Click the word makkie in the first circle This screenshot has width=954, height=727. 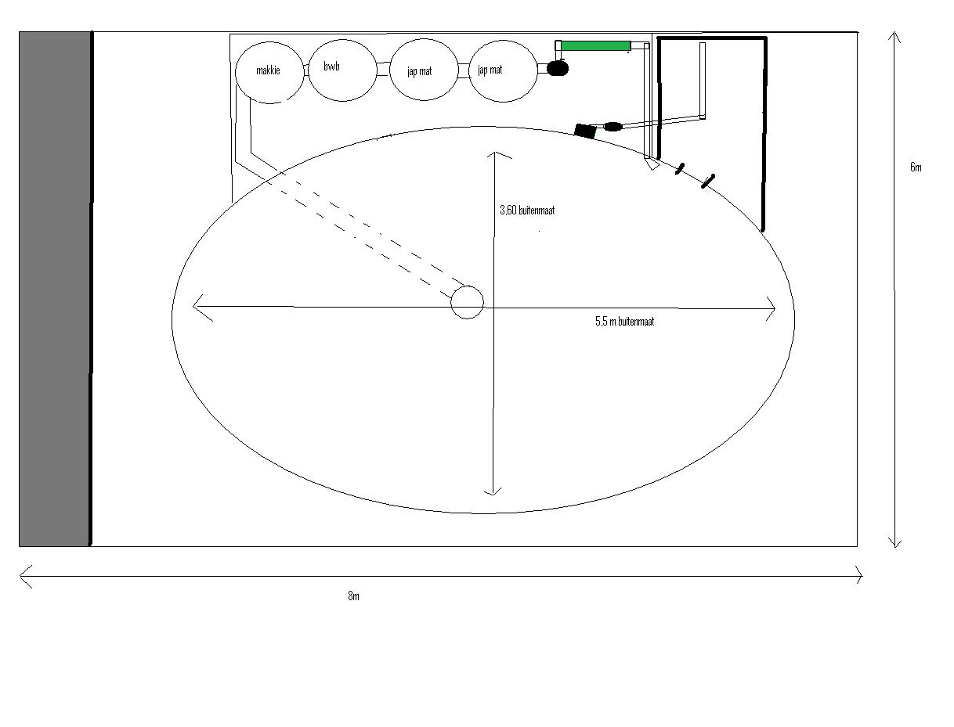pos(268,70)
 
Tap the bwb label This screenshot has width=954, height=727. pos(331,66)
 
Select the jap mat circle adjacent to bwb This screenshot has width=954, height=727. pos(424,70)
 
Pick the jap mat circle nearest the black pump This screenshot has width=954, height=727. pos(503,71)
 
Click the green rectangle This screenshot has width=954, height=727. pos(595,45)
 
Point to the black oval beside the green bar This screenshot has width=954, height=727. pos(557,69)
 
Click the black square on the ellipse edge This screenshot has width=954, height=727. pos(584,131)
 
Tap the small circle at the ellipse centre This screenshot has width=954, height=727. pos(468,303)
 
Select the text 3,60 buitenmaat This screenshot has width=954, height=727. pos(527,211)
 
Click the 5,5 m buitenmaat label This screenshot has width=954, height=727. pos(624,322)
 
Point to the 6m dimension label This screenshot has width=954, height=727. pos(916,167)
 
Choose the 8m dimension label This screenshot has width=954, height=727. pos(353,596)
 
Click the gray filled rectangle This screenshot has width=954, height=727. pos(55,289)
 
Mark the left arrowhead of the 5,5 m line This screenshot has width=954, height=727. pos(193,306)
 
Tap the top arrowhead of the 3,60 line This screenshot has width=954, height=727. pos(495,153)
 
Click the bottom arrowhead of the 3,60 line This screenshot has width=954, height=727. pos(493,495)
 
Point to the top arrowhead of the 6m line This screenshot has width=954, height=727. pos(894,33)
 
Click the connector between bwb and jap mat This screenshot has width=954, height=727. pos(383,69)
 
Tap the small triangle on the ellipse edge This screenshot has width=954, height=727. pos(652,164)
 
